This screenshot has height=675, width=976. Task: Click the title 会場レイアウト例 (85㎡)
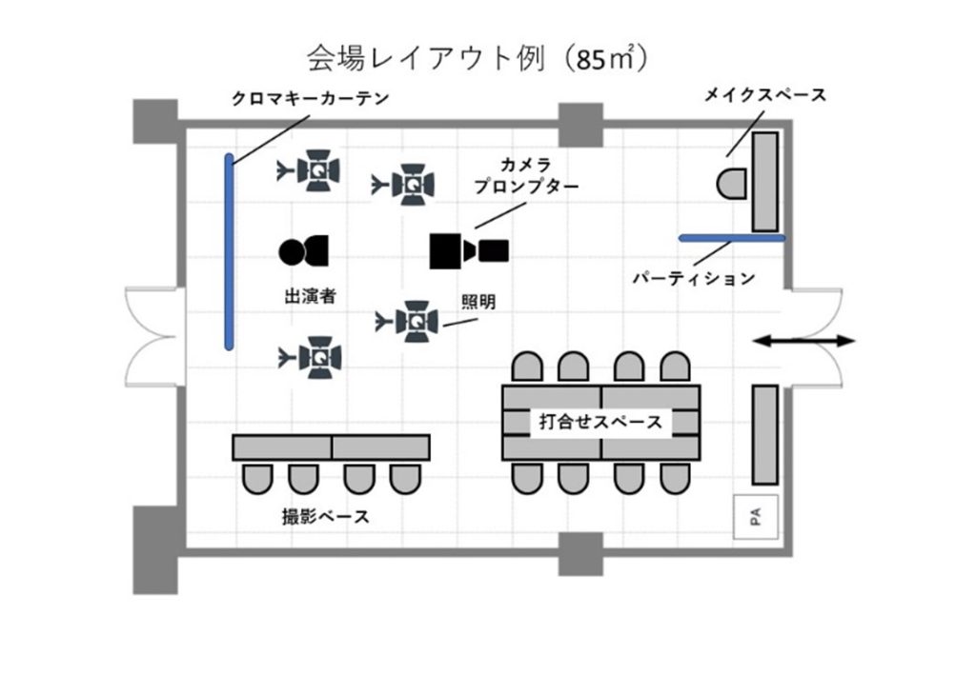[478, 59]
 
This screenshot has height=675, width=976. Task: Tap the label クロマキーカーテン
[310, 99]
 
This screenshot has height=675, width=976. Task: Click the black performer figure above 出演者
[303, 251]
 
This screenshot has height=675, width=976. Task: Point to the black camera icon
[468, 250]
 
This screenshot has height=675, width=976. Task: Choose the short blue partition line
[731, 237]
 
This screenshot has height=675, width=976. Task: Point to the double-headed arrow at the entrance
[803, 340]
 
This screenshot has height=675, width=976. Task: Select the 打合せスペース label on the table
[600, 421]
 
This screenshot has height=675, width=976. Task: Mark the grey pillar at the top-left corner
[154, 121]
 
